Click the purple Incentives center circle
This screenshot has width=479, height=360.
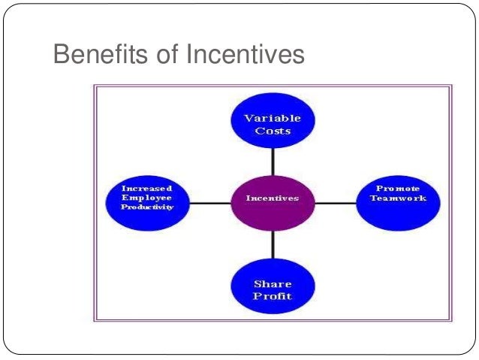pyautogui.click(x=273, y=199)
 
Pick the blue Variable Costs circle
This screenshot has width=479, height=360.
pyautogui.click(x=273, y=123)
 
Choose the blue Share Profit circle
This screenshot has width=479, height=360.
pyautogui.click(x=273, y=289)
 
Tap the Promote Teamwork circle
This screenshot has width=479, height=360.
pyautogui.click(x=398, y=200)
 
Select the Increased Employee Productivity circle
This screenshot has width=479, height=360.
pyautogui.click(x=147, y=198)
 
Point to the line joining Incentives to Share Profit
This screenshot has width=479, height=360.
pyautogui.click(x=273, y=245)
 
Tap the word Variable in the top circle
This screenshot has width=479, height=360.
pyautogui.click(x=273, y=118)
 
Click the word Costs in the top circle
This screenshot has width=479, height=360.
pyautogui.click(x=273, y=131)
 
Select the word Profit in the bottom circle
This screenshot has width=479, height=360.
pyautogui.click(x=273, y=296)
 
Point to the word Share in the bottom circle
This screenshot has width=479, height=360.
pyautogui.click(x=273, y=284)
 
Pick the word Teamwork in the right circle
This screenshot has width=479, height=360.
pyautogui.click(x=398, y=198)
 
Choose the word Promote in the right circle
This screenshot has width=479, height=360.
pyautogui.click(x=398, y=188)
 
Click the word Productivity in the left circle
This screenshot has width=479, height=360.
pyautogui.click(x=147, y=207)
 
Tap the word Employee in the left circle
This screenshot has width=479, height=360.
pyautogui.click(x=147, y=198)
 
